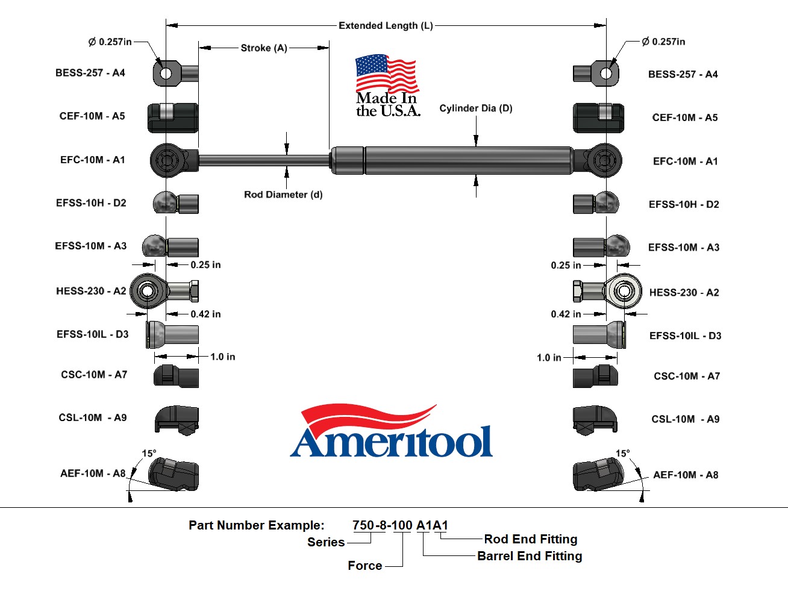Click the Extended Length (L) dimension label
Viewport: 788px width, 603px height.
(x=386, y=25)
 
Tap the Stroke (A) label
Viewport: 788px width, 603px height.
(x=264, y=48)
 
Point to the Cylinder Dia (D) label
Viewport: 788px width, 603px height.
(x=475, y=108)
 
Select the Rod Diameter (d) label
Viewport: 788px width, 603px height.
(x=283, y=195)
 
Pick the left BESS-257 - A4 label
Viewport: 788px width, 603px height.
(x=90, y=73)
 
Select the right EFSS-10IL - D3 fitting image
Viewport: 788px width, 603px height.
(x=599, y=334)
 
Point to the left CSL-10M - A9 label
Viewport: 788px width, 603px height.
(x=93, y=417)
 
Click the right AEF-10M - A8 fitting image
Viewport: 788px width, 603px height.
(x=598, y=475)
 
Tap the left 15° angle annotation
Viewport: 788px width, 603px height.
(x=149, y=453)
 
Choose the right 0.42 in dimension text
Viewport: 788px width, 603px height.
(x=566, y=314)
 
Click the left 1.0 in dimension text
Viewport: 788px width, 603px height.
(x=222, y=357)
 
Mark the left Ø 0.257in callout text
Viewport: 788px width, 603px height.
(x=110, y=42)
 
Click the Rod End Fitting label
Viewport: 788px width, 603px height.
(x=530, y=539)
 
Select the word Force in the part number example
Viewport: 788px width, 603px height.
(x=364, y=565)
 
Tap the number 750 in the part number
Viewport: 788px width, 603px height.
(x=363, y=525)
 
